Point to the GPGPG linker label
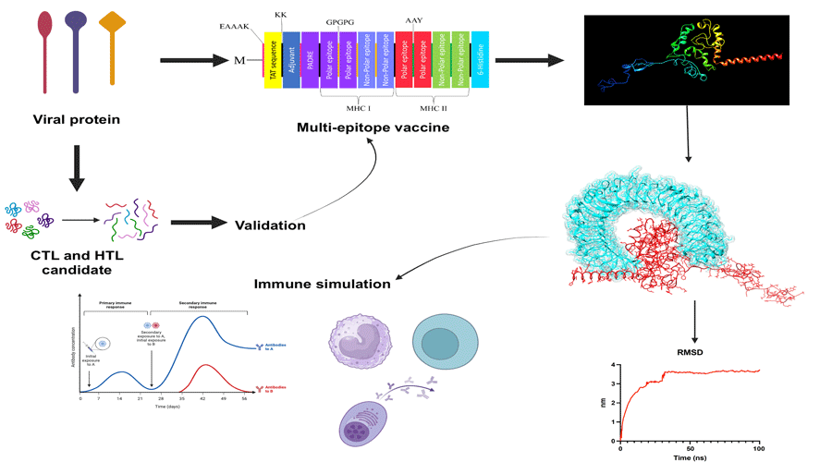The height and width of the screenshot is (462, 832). pyautogui.click(x=339, y=19)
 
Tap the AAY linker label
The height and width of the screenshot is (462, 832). pyautogui.click(x=414, y=19)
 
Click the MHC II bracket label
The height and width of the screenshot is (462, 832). pyautogui.click(x=433, y=108)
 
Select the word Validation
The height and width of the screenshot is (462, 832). pyautogui.click(x=270, y=224)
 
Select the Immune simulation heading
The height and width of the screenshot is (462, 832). pyautogui.click(x=322, y=284)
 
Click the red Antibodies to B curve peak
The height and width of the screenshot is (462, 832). pyautogui.click(x=206, y=366)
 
